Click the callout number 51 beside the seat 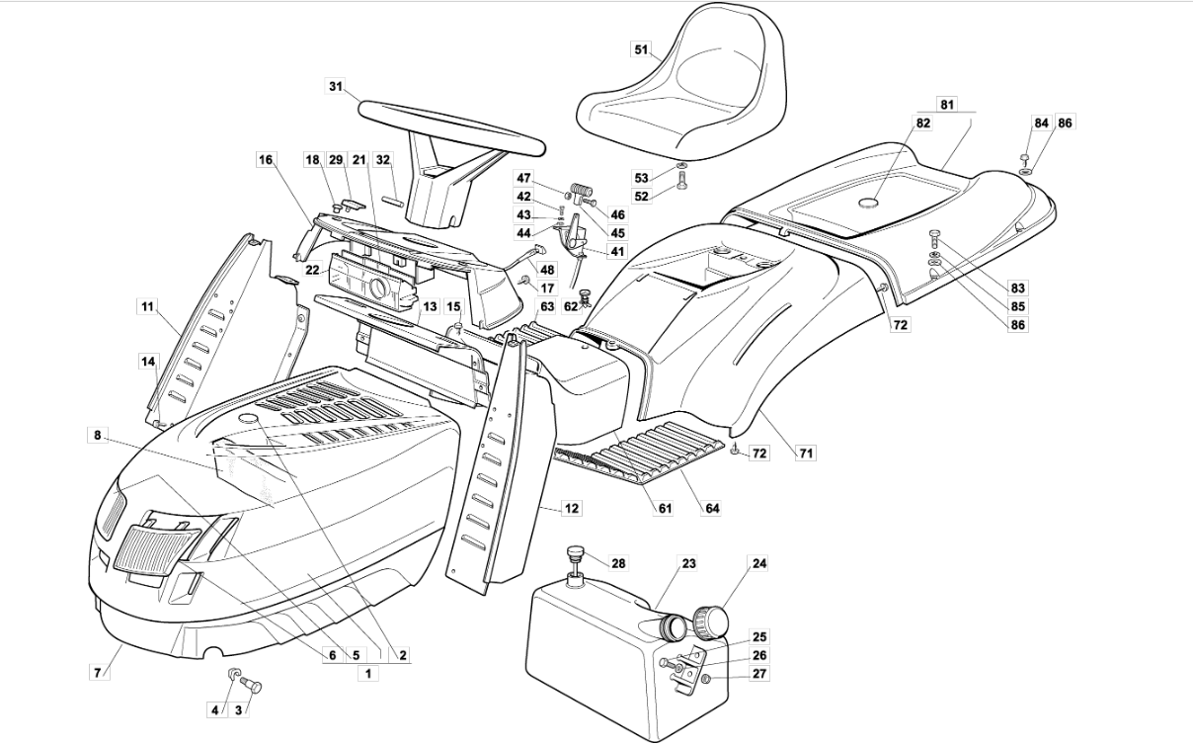pyautogui.click(x=641, y=48)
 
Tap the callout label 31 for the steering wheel pyautogui.click(x=337, y=87)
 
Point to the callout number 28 pyautogui.click(x=618, y=563)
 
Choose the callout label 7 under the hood pyautogui.click(x=97, y=673)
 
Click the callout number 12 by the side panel pyautogui.click(x=571, y=509)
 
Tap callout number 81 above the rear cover pyautogui.click(x=947, y=104)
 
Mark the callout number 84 pyautogui.click(x=1041, y=124)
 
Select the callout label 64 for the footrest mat pyautogui.click(x=712, y=509)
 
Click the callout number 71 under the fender pyautogui.click(x=807, y=454)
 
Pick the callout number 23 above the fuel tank pyautogui.click(x=688, y=564)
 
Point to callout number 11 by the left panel pyautogui.click(x=146, y=307)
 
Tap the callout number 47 pyautogui.click(x=524, y=178)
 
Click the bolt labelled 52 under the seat pyautogui.click(x=682, y=182)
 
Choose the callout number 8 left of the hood pyautogui.click(x=97, y=435)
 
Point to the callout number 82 pyautogui.click(x=923, y=124)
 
